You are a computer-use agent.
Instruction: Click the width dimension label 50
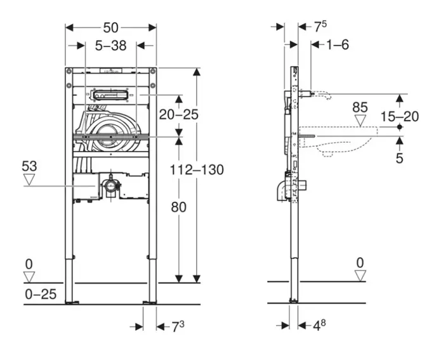point(111,27)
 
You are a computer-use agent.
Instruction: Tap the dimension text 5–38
point(111,45)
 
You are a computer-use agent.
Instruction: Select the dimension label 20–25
point(178,114)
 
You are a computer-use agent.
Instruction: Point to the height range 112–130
point(197,170)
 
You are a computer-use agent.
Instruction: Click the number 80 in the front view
point(178,207)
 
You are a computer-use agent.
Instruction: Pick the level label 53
point(29,166)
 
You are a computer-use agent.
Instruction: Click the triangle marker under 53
point(29,180)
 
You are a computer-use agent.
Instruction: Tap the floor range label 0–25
point(41,294)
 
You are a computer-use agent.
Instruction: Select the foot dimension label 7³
point(178,326)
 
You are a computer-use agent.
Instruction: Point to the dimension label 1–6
point(338,44)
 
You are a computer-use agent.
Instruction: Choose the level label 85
point(360,107)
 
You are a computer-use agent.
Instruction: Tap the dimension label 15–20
point(400,116)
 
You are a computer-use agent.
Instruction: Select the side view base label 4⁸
point(319,325)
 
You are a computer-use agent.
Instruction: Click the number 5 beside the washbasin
point(399,158)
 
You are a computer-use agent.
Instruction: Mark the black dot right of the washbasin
point(400,127)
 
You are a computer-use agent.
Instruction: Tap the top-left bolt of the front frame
point(69,71)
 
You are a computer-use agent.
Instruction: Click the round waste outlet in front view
point(111,185)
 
